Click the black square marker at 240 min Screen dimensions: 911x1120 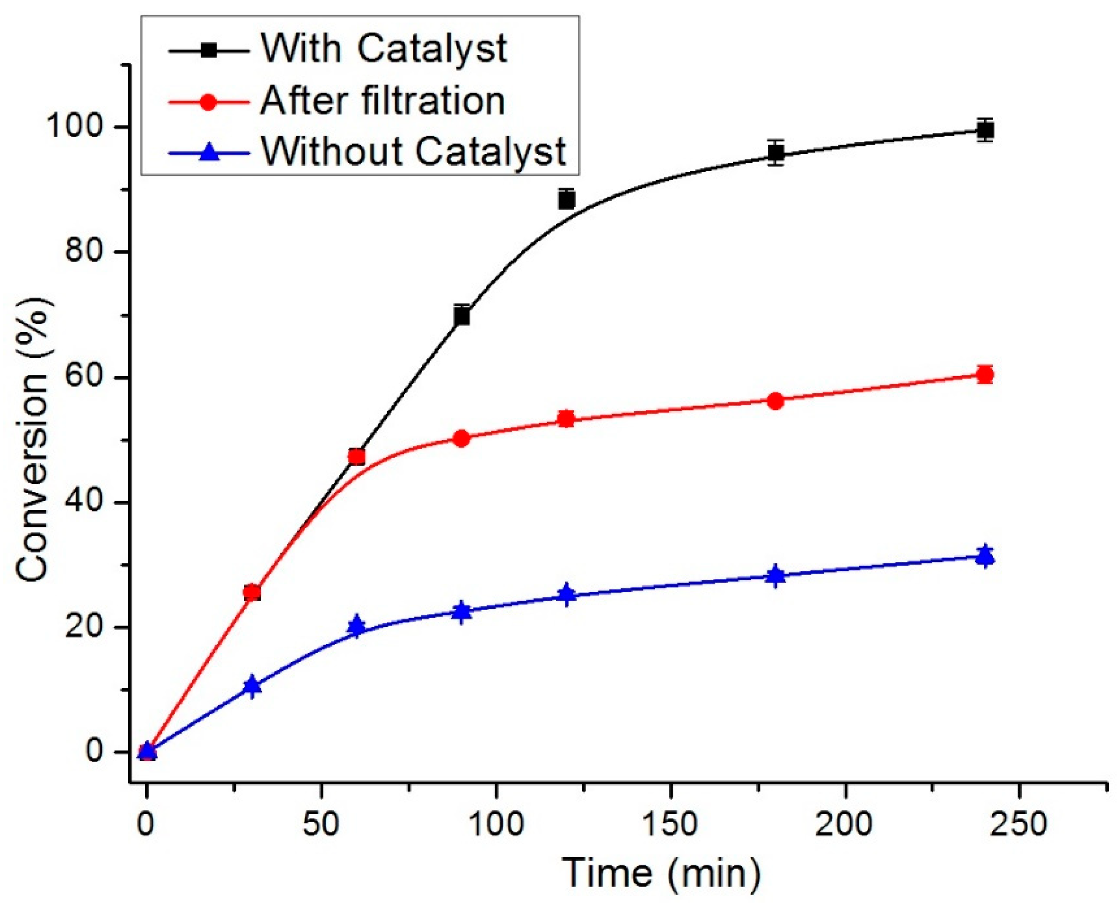click(x=985, y=130)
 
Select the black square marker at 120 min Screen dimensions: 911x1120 click(x=566, y=200)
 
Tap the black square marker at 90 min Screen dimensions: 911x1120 click(x=461, y=316)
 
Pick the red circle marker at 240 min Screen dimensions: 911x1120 click(x=985, y=375)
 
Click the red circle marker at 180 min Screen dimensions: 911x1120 click(x=775, y=401)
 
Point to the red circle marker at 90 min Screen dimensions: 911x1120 click(x=461, y=438)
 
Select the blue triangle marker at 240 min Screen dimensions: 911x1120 click(x=985, y=556)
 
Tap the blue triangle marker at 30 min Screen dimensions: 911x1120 click(x=252, y=685)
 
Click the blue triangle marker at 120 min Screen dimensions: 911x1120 click(x=566, y=595)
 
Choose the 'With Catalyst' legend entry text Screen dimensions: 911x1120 click(x=384, y=49)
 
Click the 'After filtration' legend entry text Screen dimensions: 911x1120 click(x=382, y=100)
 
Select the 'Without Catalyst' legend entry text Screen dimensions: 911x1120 click(x=414, y=151)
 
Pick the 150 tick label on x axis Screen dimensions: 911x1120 click(x=670, y=824)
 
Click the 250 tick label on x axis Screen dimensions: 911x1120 click(x=1019, y=824)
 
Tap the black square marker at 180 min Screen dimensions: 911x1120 click(x=775, y=153)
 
